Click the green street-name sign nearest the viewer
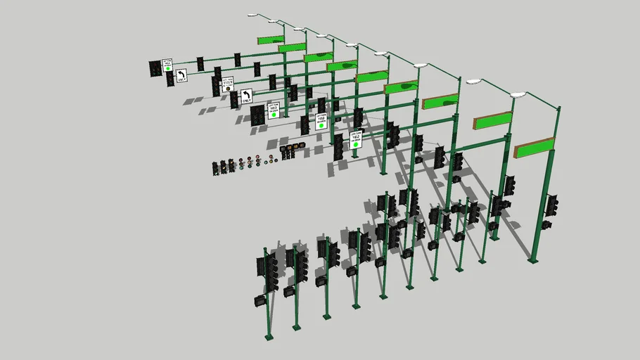pyautogui.click(x=535, y=148)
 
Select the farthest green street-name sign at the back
pyautogui.click(x=270, y=40)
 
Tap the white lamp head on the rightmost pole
pyautogui.click(x=518, y=94)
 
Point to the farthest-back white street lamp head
pyautogui.click(x=253, y=15)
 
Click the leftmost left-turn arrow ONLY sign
pyautogui.click(x=181, y=75)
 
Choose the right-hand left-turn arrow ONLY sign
pyautogui.click(x=246, y=96)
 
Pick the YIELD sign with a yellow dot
pyautogui.click(x=227, y=85)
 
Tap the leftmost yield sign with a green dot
pyautogui.click(x=167, y=66)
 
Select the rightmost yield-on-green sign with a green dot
pyautogui.click(x=356, y=138)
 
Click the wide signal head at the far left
pyautogui.click(x=155, y=68)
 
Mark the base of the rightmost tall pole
pyautogui.click(x=532, y=261)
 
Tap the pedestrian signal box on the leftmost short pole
pyautogui.click(x=259, y=301)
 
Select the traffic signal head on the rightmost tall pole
pyautogui.click(x=552, y=205)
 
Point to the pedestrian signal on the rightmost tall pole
pyautogui.click(x=547, y=225)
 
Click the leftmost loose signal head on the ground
pyautogui.click(x=216, y=168)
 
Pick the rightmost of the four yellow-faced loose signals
pyautogui.click(x=301, y=146)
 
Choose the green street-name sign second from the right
pyautogui.click(x=492, y=121)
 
